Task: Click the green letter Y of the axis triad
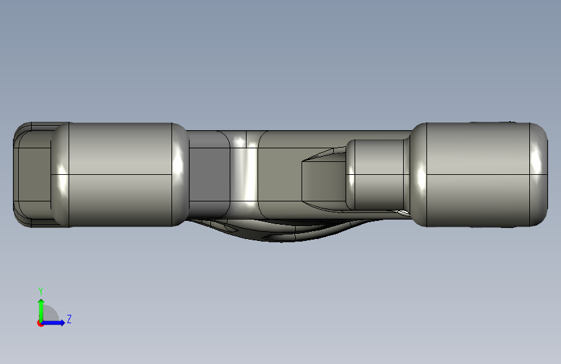click(x=41, y=291)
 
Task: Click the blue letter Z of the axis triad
click(x=69, y=319)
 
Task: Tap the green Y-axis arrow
click(x=41, y=310)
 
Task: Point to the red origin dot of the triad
click(x=40, y=323)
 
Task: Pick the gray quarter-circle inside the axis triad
click(x=50, y=314)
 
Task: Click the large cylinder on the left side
click(x=120, y=174)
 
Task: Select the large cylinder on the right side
click(x=479, y=174)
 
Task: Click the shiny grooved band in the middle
click(x=245, y=174)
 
